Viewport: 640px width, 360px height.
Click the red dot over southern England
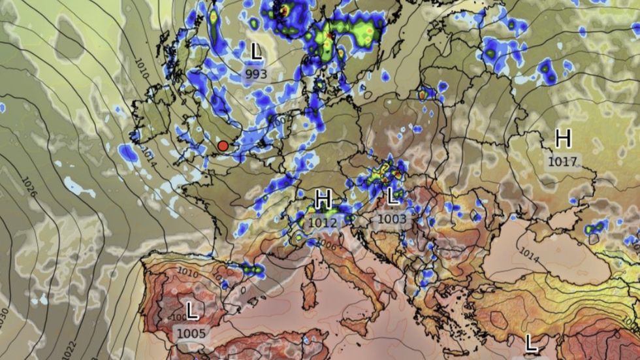click(x=223, y=146)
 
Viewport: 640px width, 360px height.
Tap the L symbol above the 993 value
click(x=257, y=51)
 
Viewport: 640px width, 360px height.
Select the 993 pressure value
click(x=257, y=74)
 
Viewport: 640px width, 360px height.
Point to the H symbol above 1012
click(x=323, y=198)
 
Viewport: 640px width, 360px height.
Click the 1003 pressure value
click(x=392, y=219)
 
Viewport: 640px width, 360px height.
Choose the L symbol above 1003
click(x=392, y=195)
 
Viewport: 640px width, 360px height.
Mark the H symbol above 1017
click(x=563, y=139)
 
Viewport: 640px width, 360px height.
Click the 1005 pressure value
click(x=191, y=333)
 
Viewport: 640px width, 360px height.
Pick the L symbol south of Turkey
click(x=531, y=342)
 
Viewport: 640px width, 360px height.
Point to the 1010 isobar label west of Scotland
click(x=142, y=69)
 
